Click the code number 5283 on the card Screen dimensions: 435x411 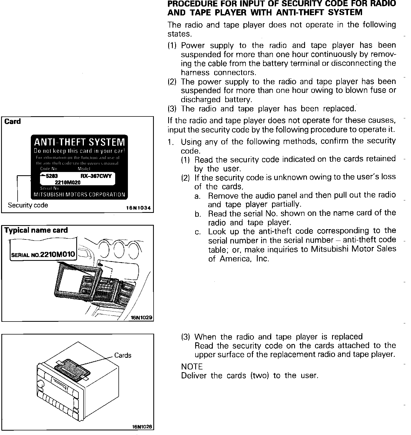tap(52, 176)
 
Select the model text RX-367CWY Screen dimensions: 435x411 tap(96, 176)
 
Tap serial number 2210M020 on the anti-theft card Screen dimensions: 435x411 tap(68, 183)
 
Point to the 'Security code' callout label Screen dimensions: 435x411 tap(28, 205)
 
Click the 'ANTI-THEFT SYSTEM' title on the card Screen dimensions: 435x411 tap(79, 142)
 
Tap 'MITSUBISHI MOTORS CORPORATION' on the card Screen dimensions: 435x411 tap(79, 194)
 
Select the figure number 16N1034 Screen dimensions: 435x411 tap(138, 208)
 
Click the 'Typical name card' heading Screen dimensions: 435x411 tap(36, 230)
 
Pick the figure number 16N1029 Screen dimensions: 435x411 tap(142, 317)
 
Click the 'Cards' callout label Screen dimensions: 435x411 tap(123, 355)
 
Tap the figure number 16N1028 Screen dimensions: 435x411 tap(142, 427)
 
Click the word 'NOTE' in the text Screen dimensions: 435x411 tap(192, 367)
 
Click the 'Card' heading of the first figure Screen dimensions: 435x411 tap(12, 121)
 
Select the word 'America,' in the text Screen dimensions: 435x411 tap(236, 259)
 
